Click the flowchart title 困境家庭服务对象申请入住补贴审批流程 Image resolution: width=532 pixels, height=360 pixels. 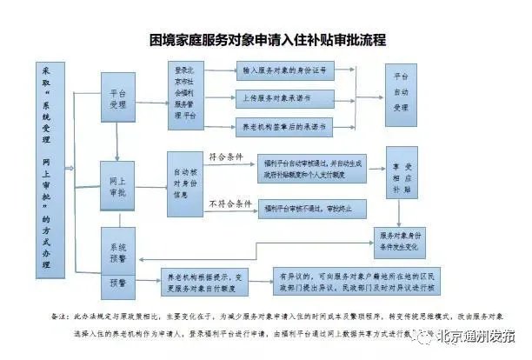pyautogui.click(x=266, y=40)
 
